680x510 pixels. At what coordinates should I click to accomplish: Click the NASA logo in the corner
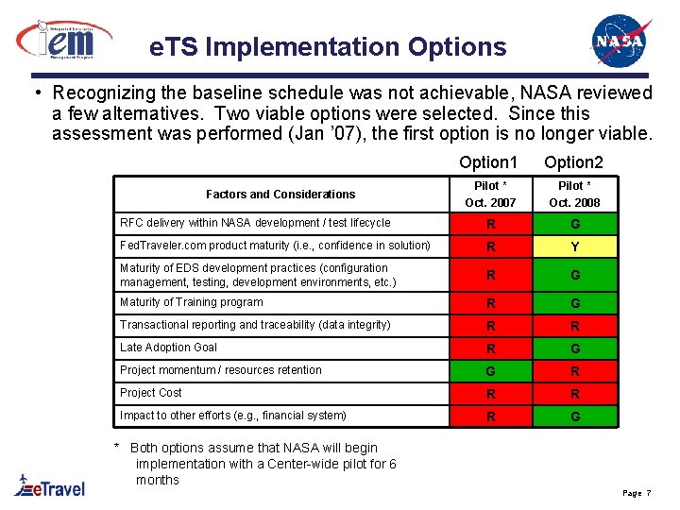tap(620, 40)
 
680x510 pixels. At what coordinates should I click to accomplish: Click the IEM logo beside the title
tap(63, 39)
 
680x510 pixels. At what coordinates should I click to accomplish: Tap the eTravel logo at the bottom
tap(49, 485)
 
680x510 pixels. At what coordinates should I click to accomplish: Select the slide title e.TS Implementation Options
tap(328, 46)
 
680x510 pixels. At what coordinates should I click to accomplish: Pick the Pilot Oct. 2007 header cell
tap(490, 195)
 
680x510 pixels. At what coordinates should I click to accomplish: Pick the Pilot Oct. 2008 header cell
tap(574, 195)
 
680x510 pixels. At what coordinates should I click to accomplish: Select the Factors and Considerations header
tap(280, 195)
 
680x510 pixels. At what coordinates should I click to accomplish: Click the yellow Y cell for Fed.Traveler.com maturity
tap(574, 247)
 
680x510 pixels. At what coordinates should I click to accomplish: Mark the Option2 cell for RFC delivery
tap(574, 225)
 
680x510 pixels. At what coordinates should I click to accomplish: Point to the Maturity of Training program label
tap(192, 302)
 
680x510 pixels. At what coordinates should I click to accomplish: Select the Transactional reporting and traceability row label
tap(255, 325)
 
